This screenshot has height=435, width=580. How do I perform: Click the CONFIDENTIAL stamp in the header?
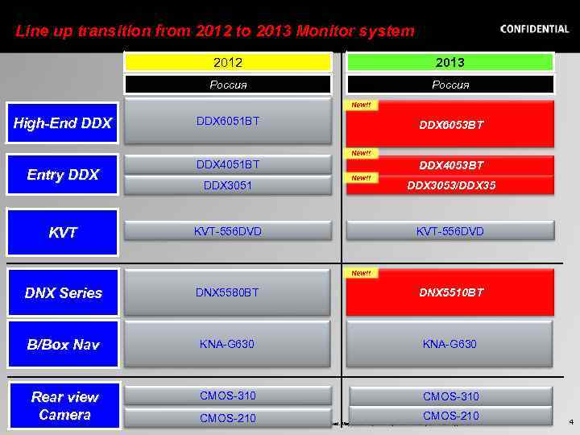click(534, 29)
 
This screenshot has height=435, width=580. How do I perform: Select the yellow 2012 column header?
click(228, 62)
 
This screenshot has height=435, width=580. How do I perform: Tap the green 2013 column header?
click(450, 62)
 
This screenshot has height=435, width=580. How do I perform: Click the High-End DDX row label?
click(63, 123)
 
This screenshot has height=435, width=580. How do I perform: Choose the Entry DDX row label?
click(63, 174)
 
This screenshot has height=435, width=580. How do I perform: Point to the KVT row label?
click(63, 233)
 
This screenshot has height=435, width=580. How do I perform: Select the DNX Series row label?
click(63, 292)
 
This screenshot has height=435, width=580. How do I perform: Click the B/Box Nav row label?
click(63, 345)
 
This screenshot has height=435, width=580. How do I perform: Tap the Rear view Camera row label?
click(64, 405)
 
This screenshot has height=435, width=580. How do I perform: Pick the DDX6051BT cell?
click(228, 122)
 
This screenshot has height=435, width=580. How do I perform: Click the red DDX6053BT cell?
click(450, 125)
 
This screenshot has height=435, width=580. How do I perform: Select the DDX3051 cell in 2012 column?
click(228, 185)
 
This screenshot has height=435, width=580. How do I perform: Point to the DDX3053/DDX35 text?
click(451, 184)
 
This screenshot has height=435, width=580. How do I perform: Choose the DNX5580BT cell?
click(228, 292)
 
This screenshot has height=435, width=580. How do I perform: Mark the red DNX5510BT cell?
click(450, 292)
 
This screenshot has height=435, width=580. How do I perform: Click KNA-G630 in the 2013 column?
click(450, 344)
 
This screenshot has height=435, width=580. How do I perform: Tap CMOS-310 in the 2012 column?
click(228, 395)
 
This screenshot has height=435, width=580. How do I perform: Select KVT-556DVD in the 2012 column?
click(228, 231)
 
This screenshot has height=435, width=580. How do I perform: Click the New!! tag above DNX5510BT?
click(361, 273)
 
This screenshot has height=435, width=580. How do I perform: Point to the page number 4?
click(570, 421)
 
